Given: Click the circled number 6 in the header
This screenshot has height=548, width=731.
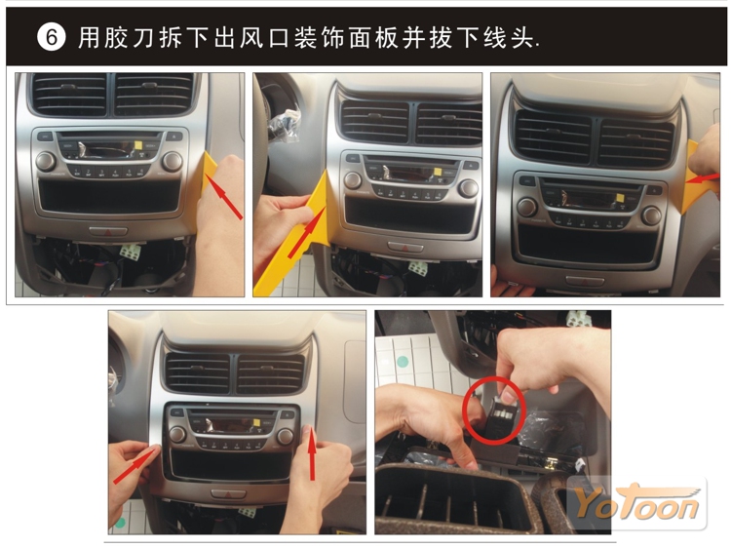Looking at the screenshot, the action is pos(52,37).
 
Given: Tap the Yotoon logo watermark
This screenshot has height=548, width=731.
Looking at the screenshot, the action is pos(636,504).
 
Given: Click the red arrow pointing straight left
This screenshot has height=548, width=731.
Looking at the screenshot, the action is pos(705,177).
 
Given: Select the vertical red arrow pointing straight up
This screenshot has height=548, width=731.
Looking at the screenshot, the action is pos(312,453).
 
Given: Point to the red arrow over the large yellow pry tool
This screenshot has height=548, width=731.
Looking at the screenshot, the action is pos(307,232).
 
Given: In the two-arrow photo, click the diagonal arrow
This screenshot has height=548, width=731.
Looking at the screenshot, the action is pos(135,464).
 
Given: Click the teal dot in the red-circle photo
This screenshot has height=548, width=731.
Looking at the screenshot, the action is pos(403,361).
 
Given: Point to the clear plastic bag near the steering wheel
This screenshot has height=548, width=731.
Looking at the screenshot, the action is pos(284,125).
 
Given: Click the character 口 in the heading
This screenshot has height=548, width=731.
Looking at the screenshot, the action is pos(280,38).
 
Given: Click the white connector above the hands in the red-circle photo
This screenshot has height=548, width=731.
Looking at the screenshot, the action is pos(575,320).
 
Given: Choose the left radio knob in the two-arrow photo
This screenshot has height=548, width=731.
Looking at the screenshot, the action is pos(177,434).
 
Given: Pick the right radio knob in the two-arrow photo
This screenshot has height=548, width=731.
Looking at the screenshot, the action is pos(285,437).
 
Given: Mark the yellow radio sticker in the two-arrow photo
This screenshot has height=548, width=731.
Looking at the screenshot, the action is pos(256,422).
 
